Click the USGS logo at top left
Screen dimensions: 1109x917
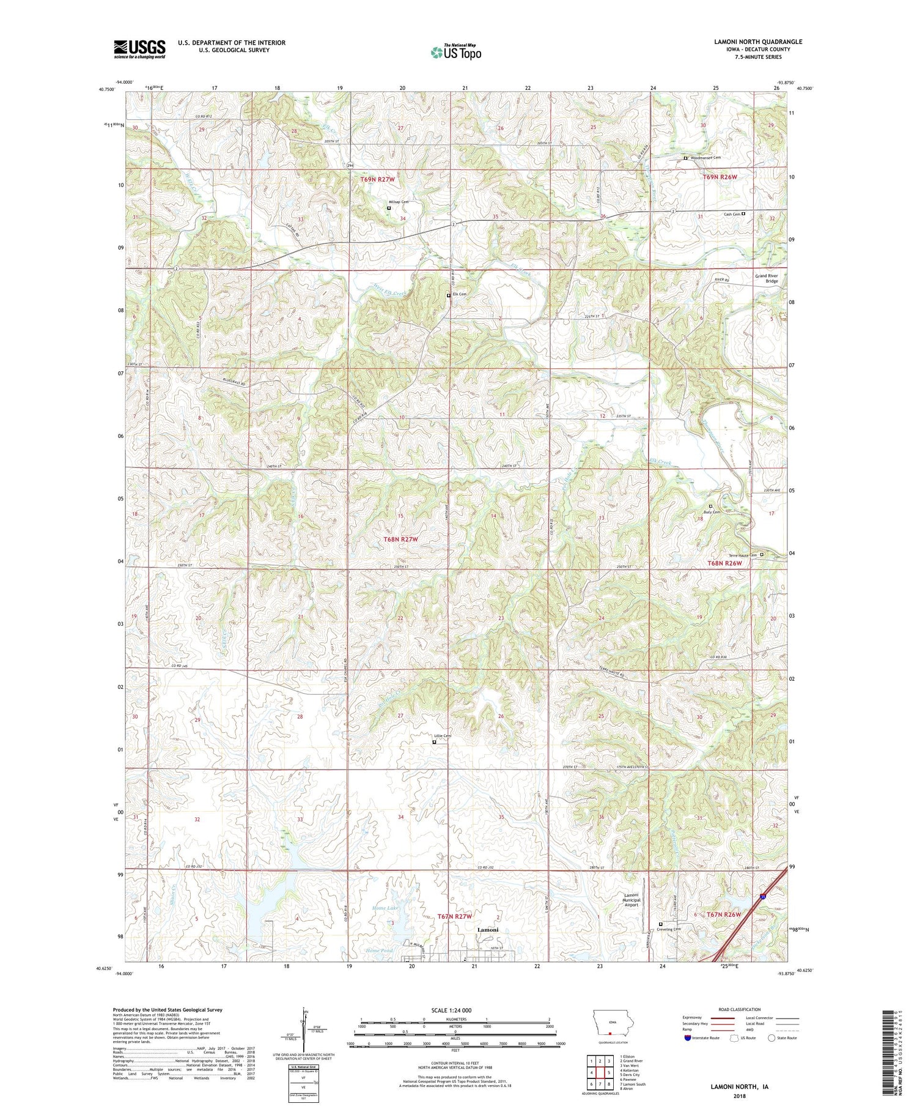[x=139, y=49]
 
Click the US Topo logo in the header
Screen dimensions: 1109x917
[x=455, y=52]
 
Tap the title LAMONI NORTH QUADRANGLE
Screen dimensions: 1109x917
[x=757, y=42]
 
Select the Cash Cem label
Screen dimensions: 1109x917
[x=732, y=214]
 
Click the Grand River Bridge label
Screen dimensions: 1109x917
[x=766, y=278]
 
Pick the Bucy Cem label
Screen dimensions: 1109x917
[x=711, y=511]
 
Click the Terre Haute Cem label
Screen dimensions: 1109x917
[x=745, y=555]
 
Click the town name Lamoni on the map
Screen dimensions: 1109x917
[x=488, y=930]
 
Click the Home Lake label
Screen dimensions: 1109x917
[x=386, y=908]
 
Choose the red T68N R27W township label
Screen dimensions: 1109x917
[x=400, y=540]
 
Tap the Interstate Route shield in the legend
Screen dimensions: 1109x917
[x=687, y=1037]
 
